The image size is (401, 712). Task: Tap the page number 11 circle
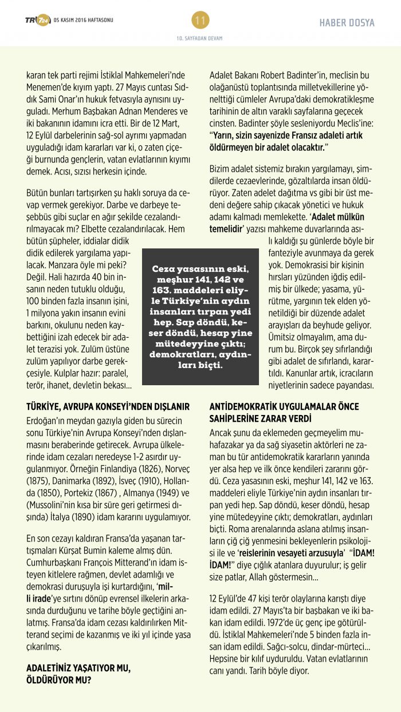pos(200,21)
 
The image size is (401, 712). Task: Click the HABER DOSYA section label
pos(347,23)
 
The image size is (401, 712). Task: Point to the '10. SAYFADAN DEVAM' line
pos(200,38)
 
